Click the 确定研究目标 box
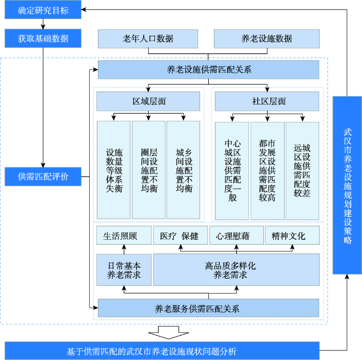(x=43, y=9)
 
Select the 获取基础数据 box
(x=43, y=38)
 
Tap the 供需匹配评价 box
(x=43, y=176)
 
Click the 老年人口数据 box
(x=148, y=39)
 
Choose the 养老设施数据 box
(x=267, y=39)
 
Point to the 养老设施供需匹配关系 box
(x=208, y=70)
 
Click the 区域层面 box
(x=148, y=101)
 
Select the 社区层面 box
(x=267, y=101)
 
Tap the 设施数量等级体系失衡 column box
(x=114, y=170)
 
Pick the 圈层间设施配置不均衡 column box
(x=149, y=170)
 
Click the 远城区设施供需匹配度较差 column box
(x=302, y=171)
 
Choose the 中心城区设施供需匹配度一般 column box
(x=232, y=171)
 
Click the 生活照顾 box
(x=124, y=235)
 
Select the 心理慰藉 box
(x=237, y=235)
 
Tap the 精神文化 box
(x=292, y=235)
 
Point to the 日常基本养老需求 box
(x=124, y=270)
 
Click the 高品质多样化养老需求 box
(x=236, y=270)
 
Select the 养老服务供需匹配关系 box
(x=208, y=308)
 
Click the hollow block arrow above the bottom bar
(x=169, y=333)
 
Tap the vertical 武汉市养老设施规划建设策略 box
(x=347, y=185)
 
